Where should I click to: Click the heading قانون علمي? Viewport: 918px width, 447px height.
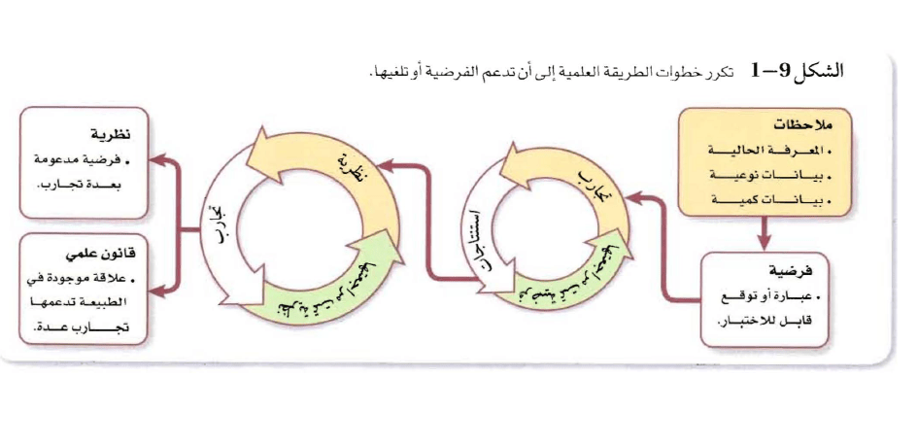(x=103, y=255)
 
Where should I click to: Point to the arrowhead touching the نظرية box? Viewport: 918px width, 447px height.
(x=163, y=155)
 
